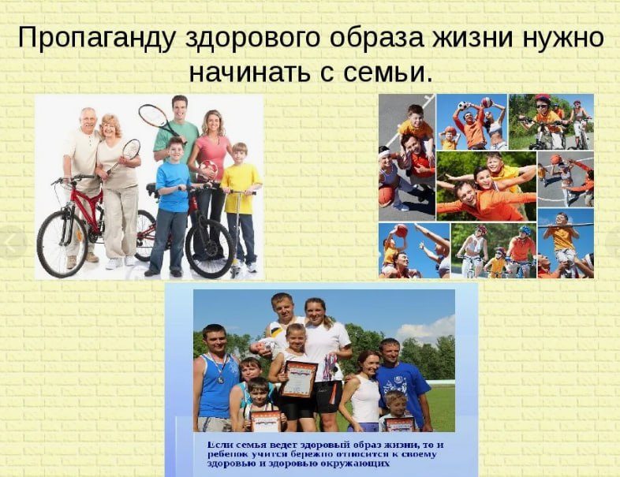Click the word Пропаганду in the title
pos(95,39)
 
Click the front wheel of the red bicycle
pos(62,244)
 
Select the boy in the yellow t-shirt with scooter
pos(241,207)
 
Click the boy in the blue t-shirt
pos(171,207)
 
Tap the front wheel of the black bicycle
pos(210,248)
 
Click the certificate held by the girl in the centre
pos(299,378)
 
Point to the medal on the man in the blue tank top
pos(220,380)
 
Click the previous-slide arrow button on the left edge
pos(11,242)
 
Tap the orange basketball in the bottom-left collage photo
pos(402,230)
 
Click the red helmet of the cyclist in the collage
pos(543,98)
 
